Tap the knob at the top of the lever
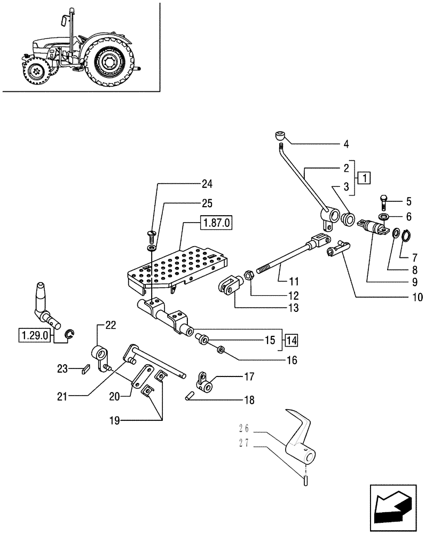coord(280,135)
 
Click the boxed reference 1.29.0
coord(35,336)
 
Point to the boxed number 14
coord(292,339)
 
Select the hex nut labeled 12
coord(248,276)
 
